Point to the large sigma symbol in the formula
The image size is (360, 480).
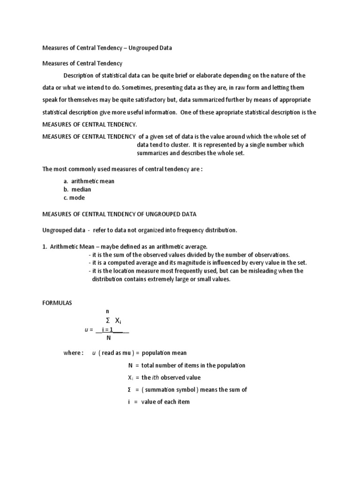click(108, 321)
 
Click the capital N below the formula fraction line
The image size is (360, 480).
click(109, 338)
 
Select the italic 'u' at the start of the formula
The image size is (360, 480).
click(86, 330)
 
